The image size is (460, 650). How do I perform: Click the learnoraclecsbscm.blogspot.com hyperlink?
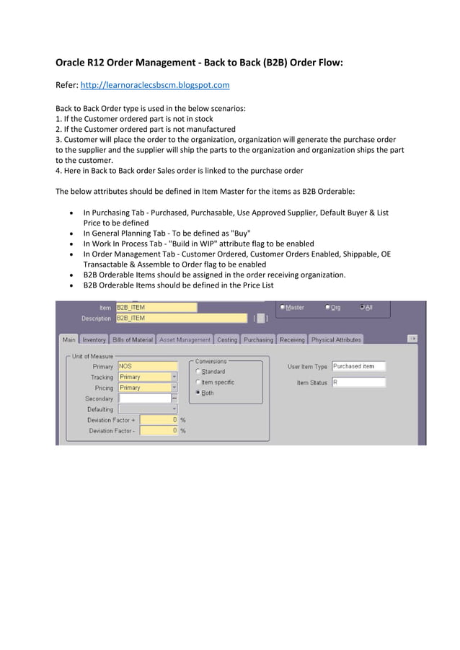pyautogui.click(x=154, y=85)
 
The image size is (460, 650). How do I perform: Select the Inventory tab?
pyautogui.click(x=94, y=339)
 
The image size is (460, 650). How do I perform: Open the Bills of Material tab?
pyautogui.click(x=133, y=339)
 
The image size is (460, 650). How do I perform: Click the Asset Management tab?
pyautogui.click(x=185, y=339)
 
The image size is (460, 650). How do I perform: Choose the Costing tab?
pyautogui.click(x=227, y=339)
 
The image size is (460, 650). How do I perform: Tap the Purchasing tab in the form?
pyautogui.click(x=258, y=339)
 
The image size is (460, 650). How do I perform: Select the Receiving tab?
pyautogui.click(x=292, y=339)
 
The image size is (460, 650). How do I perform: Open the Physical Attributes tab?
pyautogui.click(x=336, y=339)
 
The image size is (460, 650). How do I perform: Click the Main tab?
pyautogui.click(x=68, y=339)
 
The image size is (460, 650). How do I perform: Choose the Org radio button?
pyautogui.click(x=327, y=308)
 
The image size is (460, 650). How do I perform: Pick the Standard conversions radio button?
pyautogui.click(x=198, y=372)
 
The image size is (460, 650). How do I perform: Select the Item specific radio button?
pyautogui.click(x=198, y=383)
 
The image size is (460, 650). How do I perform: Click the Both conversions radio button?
pyautogui.click(x=198, y=393)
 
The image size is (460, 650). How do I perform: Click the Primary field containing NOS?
pyautogui.click(x=147, y=366)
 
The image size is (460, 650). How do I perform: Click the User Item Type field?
pyautogui.click(x=358, y=366)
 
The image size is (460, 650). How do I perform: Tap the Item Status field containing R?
pyautogui.click(x=358, y=383)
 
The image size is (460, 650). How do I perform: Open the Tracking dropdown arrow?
pyautogui.click(x=174, y=377)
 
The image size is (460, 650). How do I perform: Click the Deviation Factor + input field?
pyautogui.click(x=159, y=419)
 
